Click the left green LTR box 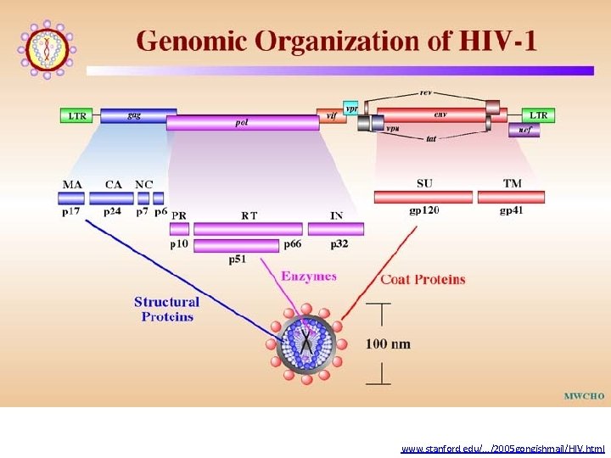(x=76, y=115)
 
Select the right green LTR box (x=538, y=114)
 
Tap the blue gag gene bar (x=138, y=116)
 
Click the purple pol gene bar (x=243, y=123)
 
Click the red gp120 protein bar (x=423, y=197)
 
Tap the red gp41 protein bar (x=511, y=197)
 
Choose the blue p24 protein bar (x=114, y=198)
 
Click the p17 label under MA (x=70, y=212)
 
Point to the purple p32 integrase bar (x=336, y=229)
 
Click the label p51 (x=238, y=260)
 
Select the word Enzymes (x=309, y=276)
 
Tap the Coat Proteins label (x=423, y=279)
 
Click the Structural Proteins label (x=167, y=309)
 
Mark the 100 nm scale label (x=388, y=343)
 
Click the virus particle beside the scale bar (x=303, y=347)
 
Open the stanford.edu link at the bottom (x=502, y=447)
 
